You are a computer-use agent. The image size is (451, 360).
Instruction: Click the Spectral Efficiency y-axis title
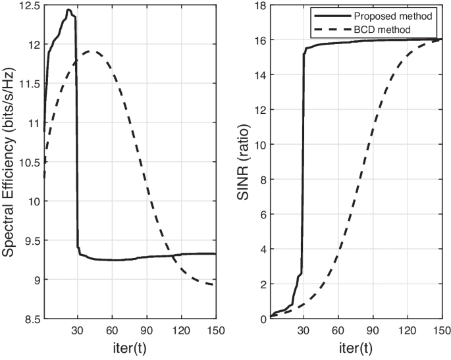click(x=10, y=162)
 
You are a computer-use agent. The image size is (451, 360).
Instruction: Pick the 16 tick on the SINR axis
click(x=260, y=40)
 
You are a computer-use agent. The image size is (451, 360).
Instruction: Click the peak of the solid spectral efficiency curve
click(x=68, y=10)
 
